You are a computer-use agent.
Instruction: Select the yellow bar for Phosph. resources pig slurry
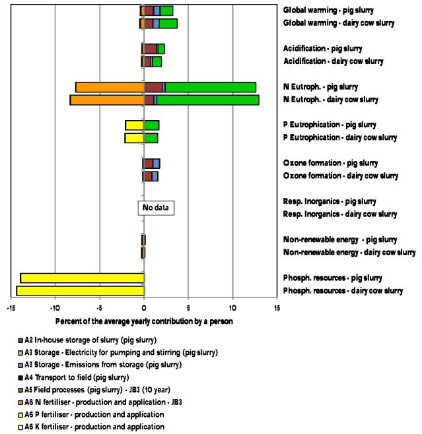click(82, 278)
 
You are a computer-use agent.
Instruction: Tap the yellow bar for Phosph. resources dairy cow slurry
click(80, 291)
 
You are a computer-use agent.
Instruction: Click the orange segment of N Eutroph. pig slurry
click(110, 87)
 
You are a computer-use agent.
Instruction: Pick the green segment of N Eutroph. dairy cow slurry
click(207, 100)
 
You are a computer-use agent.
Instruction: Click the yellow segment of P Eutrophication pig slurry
click(135, 125)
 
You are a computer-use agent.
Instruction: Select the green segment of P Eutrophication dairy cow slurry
click(151, 138)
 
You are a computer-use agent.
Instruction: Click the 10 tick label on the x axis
click(232, 308)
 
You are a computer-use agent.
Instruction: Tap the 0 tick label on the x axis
click(144, 308)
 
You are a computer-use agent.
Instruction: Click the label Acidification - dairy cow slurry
click(334, 61)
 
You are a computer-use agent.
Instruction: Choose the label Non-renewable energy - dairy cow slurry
click(349, 253)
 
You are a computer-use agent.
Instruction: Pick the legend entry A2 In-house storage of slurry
click(90, 340)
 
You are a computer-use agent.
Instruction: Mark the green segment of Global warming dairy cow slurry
click(168, 24)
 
